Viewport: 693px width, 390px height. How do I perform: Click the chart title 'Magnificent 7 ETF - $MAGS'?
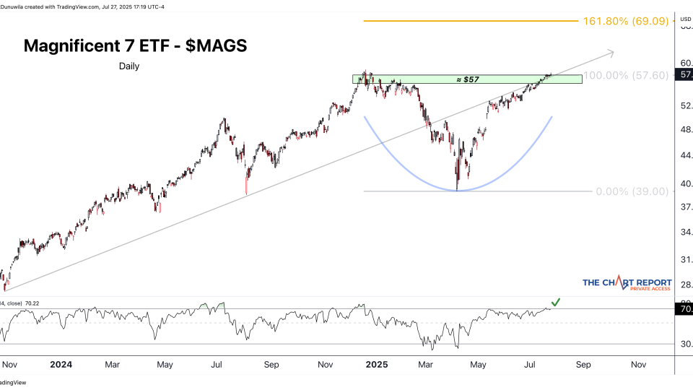(135, 45)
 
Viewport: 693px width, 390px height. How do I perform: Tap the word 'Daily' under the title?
(129, 66)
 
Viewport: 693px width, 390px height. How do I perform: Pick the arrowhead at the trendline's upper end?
(611, 52)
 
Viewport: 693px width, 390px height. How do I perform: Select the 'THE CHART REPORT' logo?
(627, 284)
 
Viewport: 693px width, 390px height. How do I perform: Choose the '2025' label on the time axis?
(376, 365)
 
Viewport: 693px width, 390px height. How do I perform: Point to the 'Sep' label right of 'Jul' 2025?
(583, 365)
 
